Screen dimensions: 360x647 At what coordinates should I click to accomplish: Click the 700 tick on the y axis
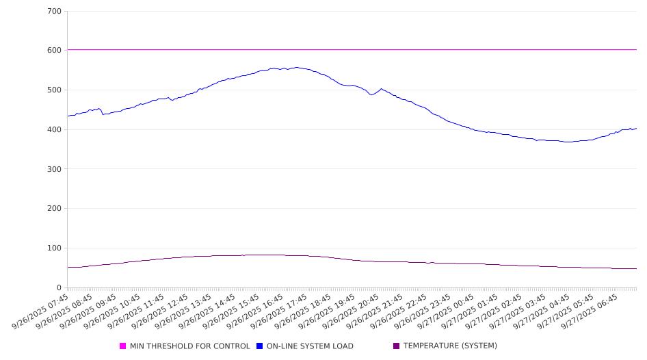click(54, 12)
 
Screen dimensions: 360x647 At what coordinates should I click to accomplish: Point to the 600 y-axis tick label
click(54, 51)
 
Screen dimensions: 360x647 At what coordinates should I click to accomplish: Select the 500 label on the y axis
click(54, 90)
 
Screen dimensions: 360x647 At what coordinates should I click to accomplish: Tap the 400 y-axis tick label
click(54, 130)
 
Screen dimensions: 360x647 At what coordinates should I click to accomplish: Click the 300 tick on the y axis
click(54, 169)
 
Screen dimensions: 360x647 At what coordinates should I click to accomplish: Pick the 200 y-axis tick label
click(54, 209)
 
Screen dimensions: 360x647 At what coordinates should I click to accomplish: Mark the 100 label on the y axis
click(54, 248)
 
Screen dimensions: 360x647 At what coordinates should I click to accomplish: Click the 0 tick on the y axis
click(59, 287)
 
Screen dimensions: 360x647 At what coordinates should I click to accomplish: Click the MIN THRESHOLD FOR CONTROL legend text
click(190, 346)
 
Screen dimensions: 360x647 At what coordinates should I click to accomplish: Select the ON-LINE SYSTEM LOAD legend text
click(310, 346)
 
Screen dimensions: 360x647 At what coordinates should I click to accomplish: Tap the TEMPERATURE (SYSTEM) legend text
click(450, 346)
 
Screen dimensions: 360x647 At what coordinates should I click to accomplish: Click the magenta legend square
click(123, 346)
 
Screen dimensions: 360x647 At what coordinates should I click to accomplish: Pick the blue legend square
click(260, 346)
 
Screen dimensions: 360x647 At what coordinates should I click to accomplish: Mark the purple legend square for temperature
click(397, 346)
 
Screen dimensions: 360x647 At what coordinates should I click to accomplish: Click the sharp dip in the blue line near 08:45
click(103, 114)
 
